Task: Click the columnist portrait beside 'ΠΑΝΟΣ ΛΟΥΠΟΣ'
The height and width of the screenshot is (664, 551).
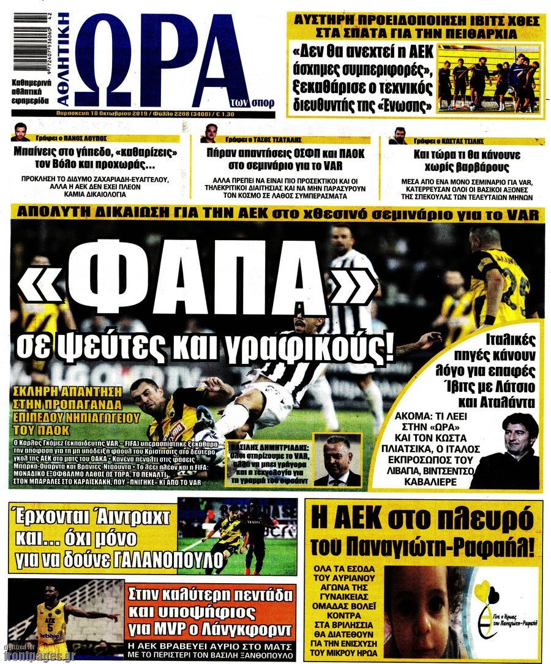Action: pyautogui.click(x=20, y=132)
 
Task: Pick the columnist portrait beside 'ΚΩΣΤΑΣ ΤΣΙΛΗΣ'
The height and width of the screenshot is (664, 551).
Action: pyautogui.click(x=397, y=135)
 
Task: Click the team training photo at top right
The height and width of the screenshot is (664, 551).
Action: pyautogui.click(x=489, y=78)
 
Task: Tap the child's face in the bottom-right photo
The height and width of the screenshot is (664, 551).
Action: pyautogui.click(x=417, y=604)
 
